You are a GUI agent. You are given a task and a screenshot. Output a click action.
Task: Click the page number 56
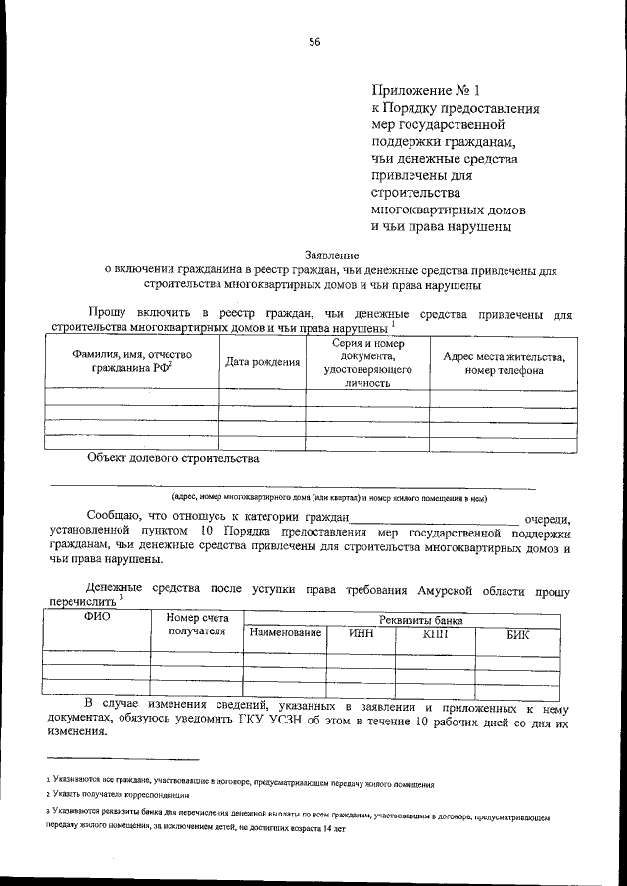pos(314,40)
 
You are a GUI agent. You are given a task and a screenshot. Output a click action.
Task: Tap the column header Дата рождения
pos(263,362)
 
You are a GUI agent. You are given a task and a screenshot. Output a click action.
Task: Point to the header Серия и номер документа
pos(367,362)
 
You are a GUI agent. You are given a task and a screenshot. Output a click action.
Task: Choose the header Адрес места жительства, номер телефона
pos(504,363)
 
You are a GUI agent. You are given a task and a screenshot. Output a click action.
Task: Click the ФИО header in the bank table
pos(98,618)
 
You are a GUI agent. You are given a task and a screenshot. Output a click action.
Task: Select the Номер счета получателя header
pos(197,624)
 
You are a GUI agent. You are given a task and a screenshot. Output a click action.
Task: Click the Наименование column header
pos(286,634)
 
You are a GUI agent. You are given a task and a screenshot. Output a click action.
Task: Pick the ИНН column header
pos(362,634)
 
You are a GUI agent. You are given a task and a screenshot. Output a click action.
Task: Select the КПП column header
pos(435,634)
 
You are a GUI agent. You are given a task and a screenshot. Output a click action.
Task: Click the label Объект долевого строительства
pos(172,457)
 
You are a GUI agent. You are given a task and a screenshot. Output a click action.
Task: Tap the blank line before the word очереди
pos(435,520)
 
